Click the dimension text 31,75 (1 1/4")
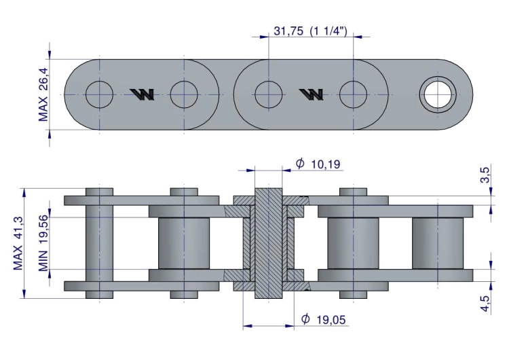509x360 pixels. tap(310, 31)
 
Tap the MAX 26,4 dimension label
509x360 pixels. tap(43, 94)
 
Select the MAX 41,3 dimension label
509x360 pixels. tap(18, 243)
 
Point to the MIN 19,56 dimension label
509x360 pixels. tap(43, 242)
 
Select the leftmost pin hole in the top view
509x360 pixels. tap(100, 94)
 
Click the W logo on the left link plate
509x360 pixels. tap(143, 94)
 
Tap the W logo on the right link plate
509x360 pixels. tap(312, 94)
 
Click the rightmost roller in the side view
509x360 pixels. tap(438, 243)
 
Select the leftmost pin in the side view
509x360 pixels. tap(100, 243)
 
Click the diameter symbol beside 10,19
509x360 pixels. tap(300, 163)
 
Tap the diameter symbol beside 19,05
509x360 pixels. tap(305, 319)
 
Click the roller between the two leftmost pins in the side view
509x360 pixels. tap(183, 243)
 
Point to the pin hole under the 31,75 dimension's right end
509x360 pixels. tap(353, 94)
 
